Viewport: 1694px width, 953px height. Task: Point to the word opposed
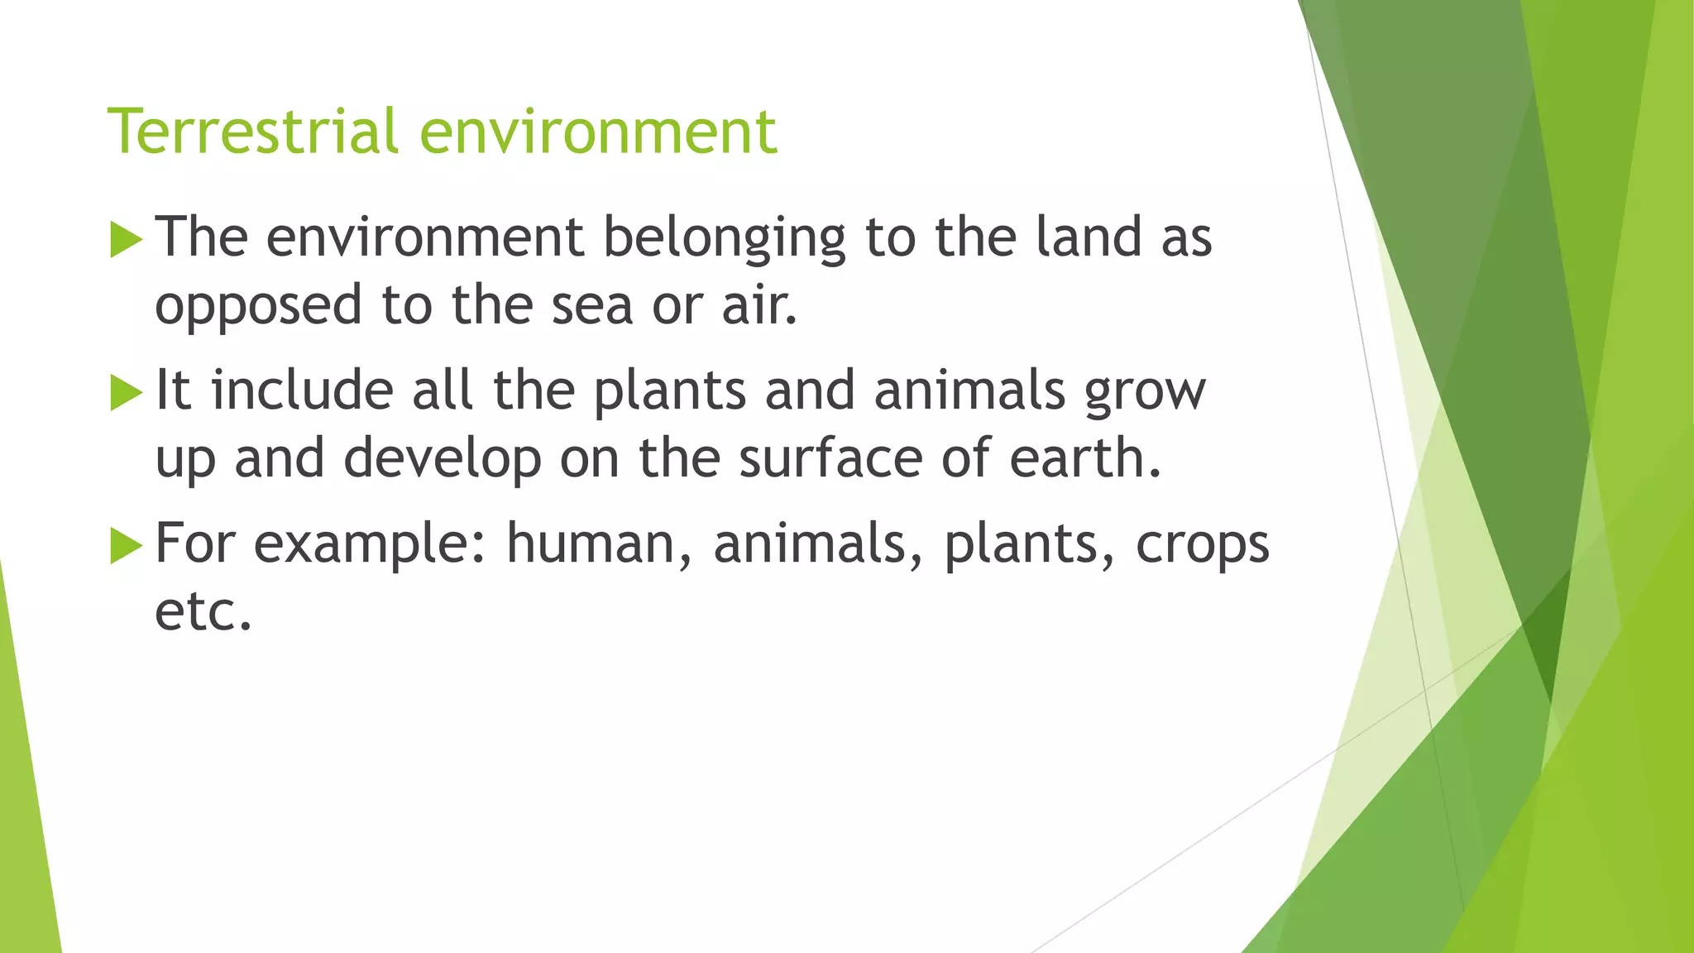click(259, 306)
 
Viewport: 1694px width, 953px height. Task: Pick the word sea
click(591, 304)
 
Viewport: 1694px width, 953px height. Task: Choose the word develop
click(443, 459)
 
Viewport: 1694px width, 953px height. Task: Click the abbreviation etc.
click(203, 611)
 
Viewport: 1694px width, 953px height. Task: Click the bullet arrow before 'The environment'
click(126, 240)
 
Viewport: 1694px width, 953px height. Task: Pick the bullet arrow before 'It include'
click(126, 393)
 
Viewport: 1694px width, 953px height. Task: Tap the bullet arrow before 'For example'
click(126, 546)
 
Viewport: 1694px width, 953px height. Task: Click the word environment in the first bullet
click(425, 237)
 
